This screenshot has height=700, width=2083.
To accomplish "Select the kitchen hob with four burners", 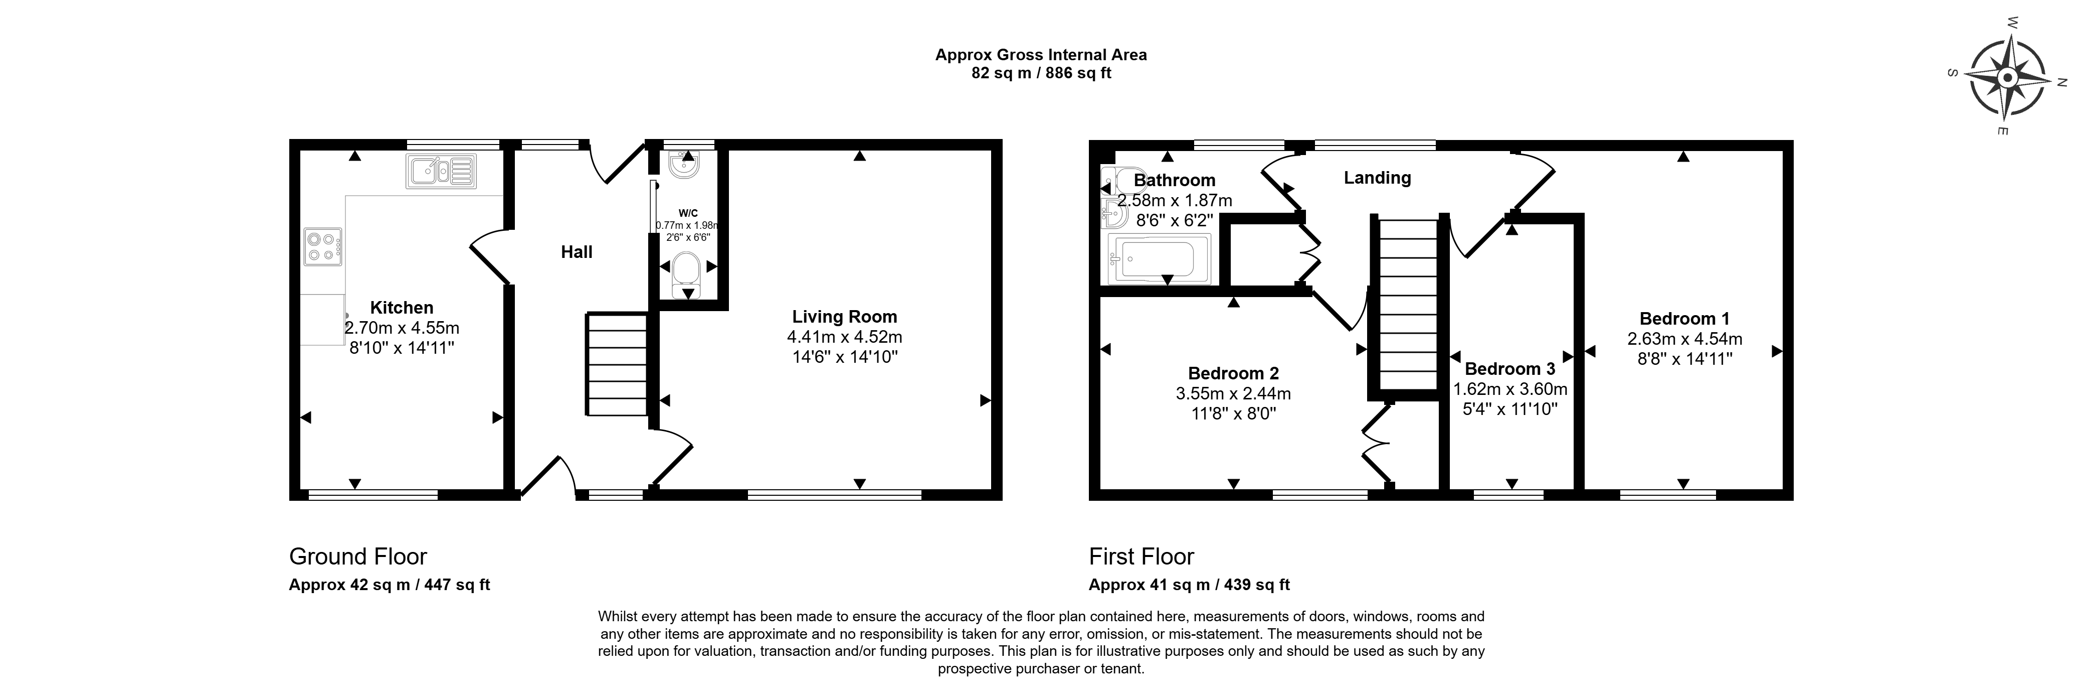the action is click(323, 247).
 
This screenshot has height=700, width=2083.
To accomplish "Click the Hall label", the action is click(577, 252).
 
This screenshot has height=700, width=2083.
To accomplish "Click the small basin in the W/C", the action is click(686, 164).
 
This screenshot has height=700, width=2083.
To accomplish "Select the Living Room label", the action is click(844, 317).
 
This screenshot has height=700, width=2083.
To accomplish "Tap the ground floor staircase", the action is click(618, 365).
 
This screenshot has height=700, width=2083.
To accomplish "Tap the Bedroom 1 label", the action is click(1684, 319).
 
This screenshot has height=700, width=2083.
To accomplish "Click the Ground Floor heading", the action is click(358, 557).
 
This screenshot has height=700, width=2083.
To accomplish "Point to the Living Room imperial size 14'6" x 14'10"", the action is click(845, 357).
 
